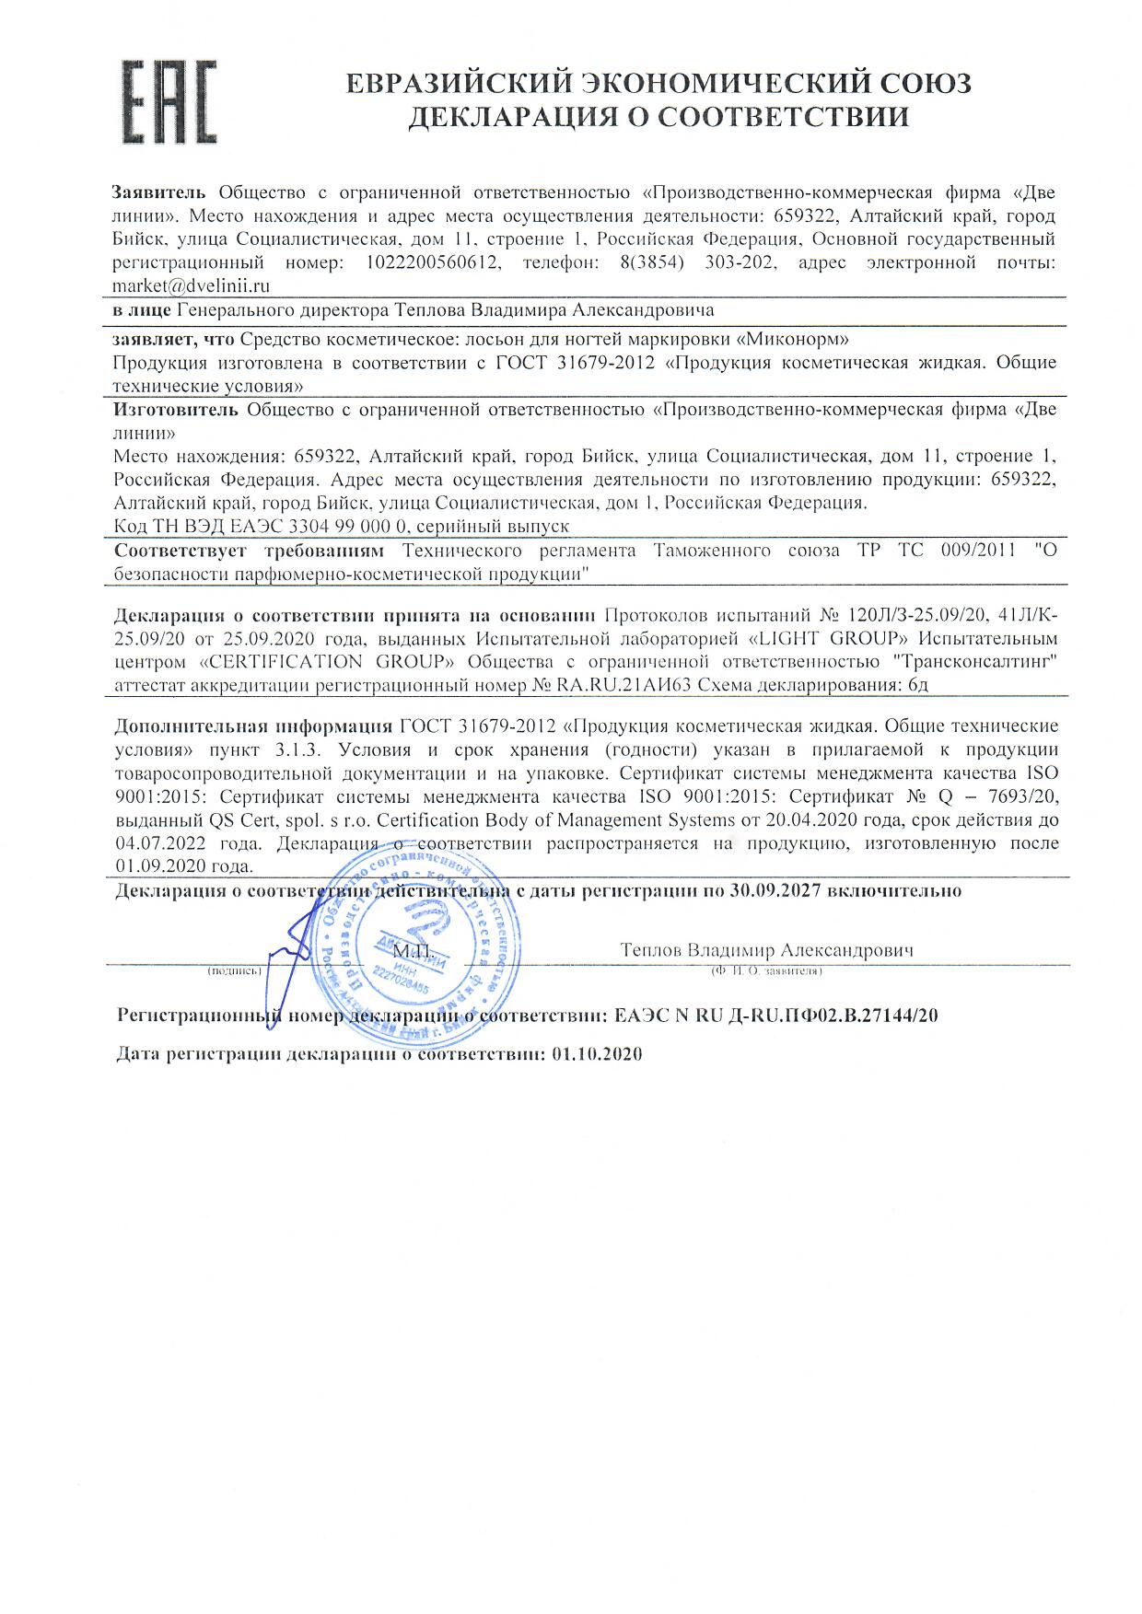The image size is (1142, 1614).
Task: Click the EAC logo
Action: click(170, 101)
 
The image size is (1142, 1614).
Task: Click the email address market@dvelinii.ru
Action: click(191, 286)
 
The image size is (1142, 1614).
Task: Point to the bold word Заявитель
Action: click(161, 192)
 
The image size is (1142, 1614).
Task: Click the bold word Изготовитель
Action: click(177, 409)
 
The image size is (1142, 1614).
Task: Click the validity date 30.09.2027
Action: click(775, 890)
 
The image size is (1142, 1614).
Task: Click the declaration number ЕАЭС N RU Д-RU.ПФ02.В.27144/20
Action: click(776, 1016)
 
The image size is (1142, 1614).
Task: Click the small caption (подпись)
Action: click(236, 970)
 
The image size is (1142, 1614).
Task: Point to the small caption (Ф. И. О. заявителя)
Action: click(765, 970)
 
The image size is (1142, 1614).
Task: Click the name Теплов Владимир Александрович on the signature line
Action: click(766, 950)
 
